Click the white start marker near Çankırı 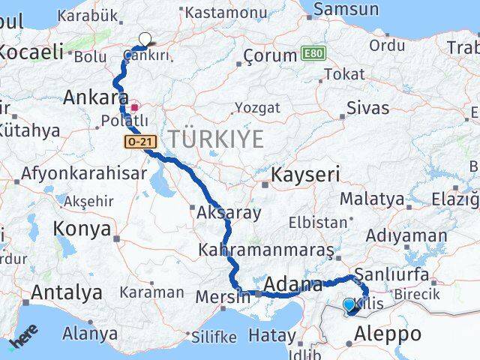click(145, 39)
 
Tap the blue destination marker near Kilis click(349, 304)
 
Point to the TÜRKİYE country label click(216, 139)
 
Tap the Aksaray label click(229, 213)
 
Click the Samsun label click(346, 10)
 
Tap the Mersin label click(223, 297)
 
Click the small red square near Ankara click(135, 108)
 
